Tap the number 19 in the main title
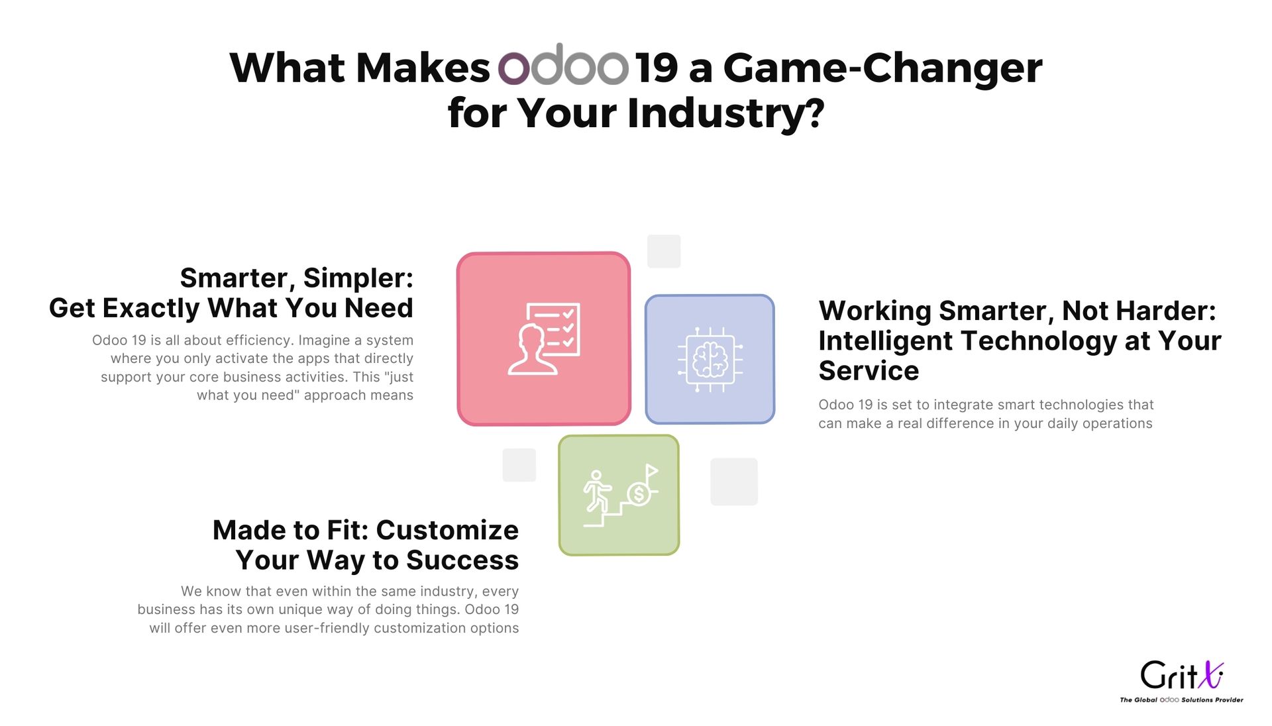click(x=657, y=68)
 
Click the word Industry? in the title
click(x=726, y=113)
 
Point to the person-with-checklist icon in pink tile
click(x=544, y=338)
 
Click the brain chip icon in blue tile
click(x=710, y=360)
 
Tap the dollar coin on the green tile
click(x=639, y=493)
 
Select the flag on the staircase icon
click(x=651, y=470)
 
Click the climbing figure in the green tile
click(x=596, y=491)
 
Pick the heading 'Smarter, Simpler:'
click(x=297, y=278)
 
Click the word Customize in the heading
click(x=447, y=530)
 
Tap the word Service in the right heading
click(x=869, y=371)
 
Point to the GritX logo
click(x=1182, y=675)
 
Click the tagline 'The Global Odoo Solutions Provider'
click(x=1181, y=700)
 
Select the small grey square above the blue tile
click(x=664, y=251)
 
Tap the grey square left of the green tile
click(x=519, y=465)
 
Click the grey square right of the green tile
click(x=734, y=482)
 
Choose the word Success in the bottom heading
click(x=462, y=560)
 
